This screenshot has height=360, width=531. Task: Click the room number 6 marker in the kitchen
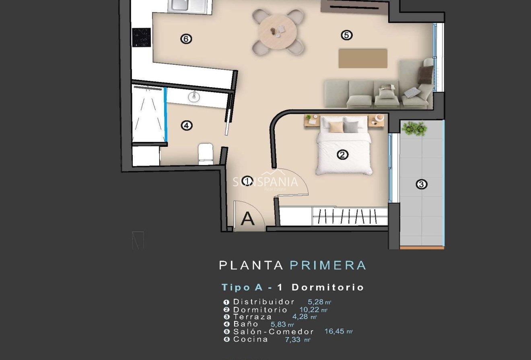click(186, 39)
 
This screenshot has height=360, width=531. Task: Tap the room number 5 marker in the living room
click(346, 35)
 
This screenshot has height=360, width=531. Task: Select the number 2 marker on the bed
click(342, 154)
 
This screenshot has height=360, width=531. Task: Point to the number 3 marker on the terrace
click(421, 185)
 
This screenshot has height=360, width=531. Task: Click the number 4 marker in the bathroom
click(186, 125)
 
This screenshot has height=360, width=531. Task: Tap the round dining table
click(278, 32)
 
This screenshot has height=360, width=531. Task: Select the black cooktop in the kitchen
click(142, 37)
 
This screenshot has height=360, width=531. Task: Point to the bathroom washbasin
click(194, 96)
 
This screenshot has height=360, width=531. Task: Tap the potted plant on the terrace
click(414, 129)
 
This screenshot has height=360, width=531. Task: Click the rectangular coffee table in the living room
click(363, 58)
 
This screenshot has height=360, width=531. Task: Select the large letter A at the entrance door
click(248, 219)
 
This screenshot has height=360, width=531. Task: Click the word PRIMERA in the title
click(328, 265)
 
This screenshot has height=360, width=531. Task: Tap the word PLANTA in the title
click(251, 265)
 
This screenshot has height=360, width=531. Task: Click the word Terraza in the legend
click(252, 317)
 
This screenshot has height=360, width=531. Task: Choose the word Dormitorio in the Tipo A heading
click(327, 287)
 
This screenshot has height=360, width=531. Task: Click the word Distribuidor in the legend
click(264, 302)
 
